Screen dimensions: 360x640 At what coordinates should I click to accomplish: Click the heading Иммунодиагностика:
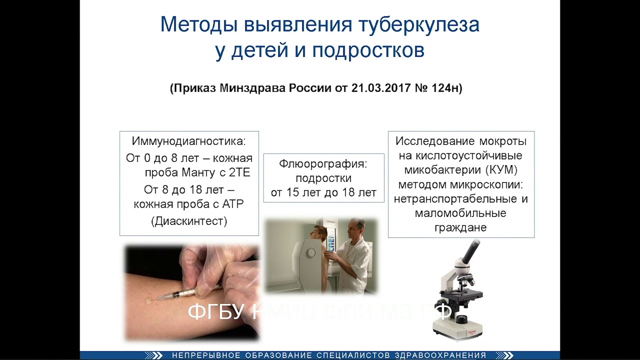189,141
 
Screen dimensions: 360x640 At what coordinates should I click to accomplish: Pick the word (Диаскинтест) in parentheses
189,221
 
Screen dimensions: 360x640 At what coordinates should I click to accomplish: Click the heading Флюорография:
323,164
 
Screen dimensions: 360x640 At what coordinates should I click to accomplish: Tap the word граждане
460,227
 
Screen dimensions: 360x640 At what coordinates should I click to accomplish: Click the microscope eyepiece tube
470,252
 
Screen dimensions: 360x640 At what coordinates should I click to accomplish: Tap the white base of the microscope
457,330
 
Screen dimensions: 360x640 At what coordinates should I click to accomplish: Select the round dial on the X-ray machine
311,253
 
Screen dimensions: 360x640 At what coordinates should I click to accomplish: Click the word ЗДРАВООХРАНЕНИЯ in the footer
440,355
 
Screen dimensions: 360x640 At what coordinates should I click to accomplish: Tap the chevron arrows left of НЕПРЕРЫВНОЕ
154,355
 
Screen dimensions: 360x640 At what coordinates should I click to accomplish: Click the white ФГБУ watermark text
215,312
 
